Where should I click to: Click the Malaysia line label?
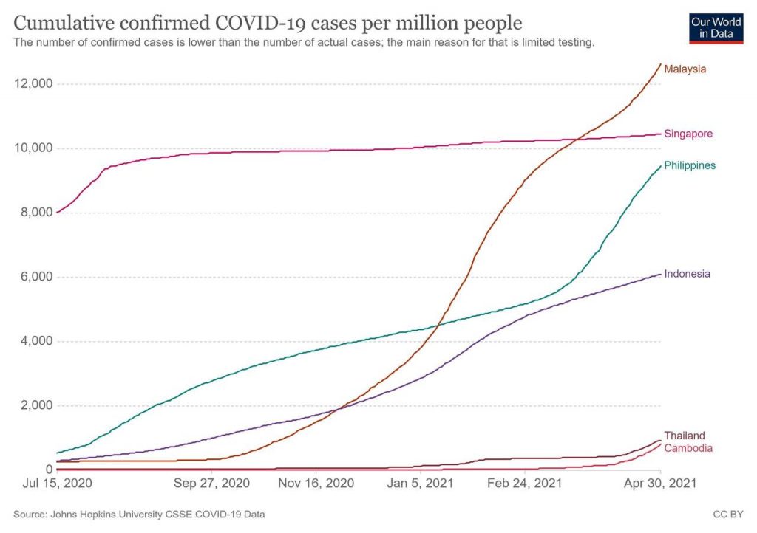(x=685, y=69)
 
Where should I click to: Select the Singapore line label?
(x=688, y=134)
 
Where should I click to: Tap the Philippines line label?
(x=690, y=165)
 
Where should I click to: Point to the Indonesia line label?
(x=687, y=274)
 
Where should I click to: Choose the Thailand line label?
(x=684, y=436)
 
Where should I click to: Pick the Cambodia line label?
(x=687, y=448)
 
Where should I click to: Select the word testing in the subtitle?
(x=574, y=43)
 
